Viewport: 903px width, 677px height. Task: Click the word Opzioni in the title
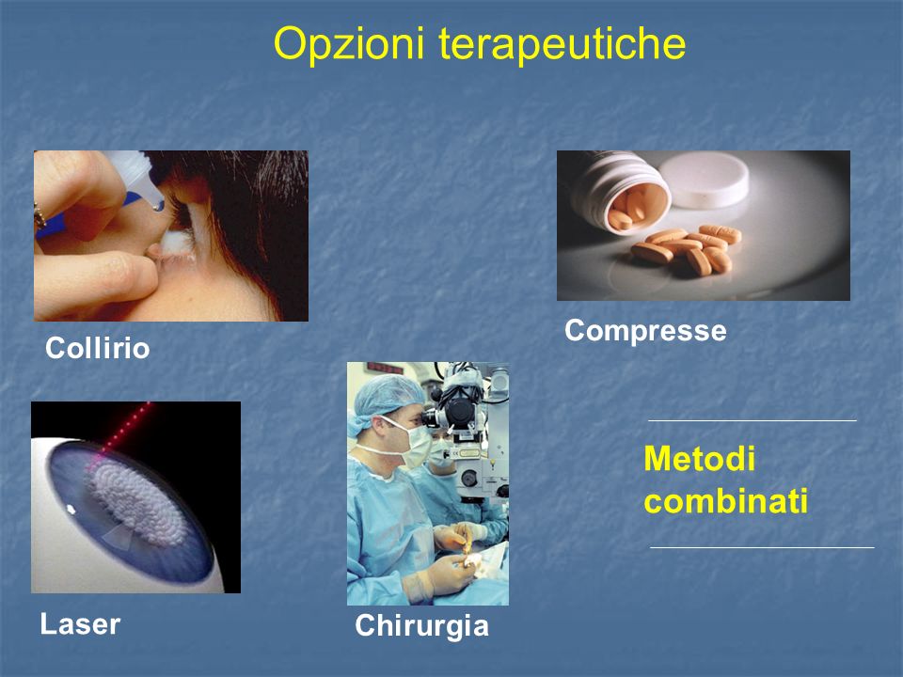[x=349, y=44]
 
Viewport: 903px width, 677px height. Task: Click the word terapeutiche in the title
[x=562, y=43]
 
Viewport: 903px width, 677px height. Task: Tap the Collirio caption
[x=97, y=348]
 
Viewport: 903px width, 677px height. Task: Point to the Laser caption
[x=80, y=624]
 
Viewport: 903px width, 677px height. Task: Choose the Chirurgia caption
[x=421, y=626]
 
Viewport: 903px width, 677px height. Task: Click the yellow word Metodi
[x=699, y=459]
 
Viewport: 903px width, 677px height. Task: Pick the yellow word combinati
[x=725, y=501]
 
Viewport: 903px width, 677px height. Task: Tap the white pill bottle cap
[x=704, y=181]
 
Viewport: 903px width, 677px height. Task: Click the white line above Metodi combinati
[x=752, y=421]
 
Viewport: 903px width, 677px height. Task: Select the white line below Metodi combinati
[x=762, y=547]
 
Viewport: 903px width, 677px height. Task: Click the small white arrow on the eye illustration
[x=71, y=509]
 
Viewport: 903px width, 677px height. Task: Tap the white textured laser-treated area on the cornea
[x=138, y=502]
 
